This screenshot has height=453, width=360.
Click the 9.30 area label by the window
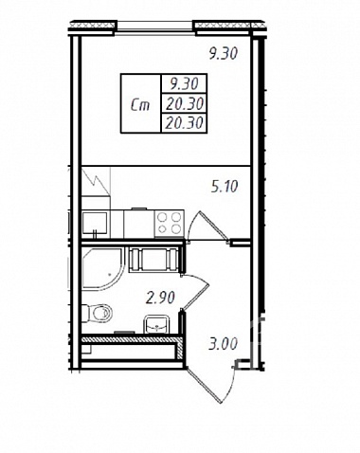tap(223, 53)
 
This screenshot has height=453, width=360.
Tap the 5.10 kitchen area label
tap(225, 187)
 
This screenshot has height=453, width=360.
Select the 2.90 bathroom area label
tap(160, 298)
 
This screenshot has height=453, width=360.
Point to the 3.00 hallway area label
tap(223, 344)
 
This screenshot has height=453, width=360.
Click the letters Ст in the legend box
tap(140, 104)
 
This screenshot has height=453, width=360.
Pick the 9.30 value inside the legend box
tap(184, 83)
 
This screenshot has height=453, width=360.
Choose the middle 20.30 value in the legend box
tap(185, 103)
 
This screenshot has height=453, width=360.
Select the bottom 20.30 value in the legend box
tap(184, 123)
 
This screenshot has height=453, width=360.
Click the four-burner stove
tap(170, 224)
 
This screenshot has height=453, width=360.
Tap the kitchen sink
tap(95, 224)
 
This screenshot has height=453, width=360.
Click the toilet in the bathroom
tap(98, 313)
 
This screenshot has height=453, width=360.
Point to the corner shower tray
tap(102, 268)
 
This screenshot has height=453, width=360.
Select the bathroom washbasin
tap(156, 325)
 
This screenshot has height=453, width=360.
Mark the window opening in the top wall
tap(155, 27)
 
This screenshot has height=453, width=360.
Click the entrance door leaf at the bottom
tap(204, 386)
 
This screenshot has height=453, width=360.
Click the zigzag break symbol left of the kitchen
tap(96, 182)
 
